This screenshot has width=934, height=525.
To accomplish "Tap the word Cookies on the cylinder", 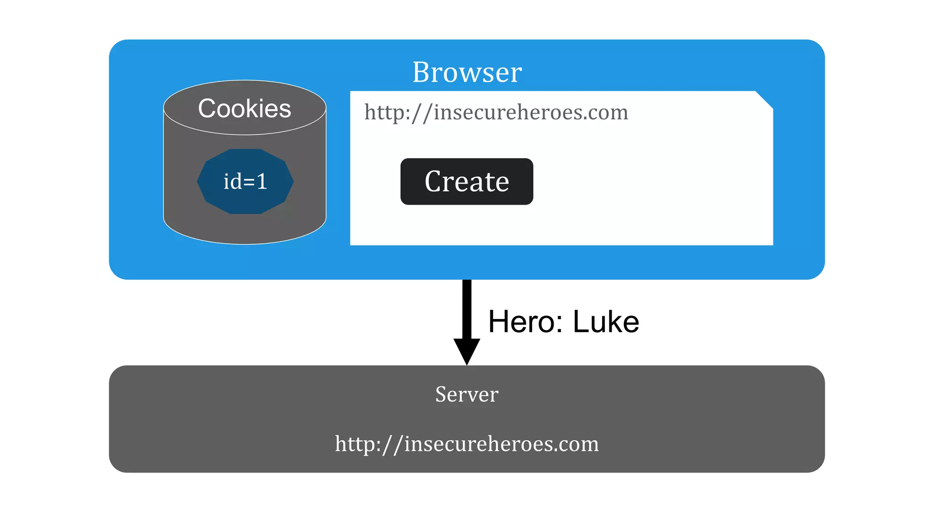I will [244, 108].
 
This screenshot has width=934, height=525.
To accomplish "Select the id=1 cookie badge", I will [245, 181].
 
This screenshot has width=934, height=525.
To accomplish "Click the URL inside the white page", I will [496, 112].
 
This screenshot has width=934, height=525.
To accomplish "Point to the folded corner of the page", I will [764, 99].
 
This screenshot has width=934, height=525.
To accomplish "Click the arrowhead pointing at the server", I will [467, 351].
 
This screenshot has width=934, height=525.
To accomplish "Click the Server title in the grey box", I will [467, 394].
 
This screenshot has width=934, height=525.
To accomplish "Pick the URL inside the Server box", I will [467, 443].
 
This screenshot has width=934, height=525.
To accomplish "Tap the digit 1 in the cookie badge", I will [262, 181].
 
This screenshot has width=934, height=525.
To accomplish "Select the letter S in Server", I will [441, 394].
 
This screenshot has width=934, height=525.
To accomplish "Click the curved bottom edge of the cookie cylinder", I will [245, 242].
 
